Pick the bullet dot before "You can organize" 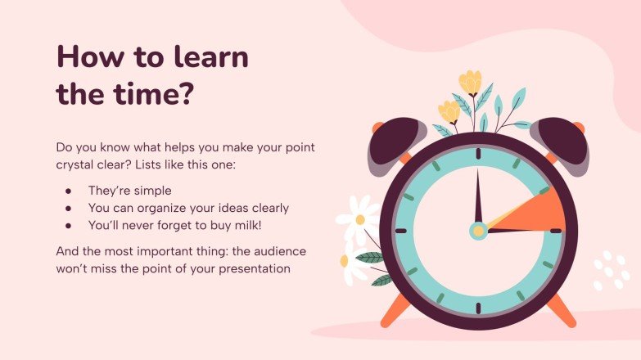[69, 207]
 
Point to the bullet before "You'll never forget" [69, 225]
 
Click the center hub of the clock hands [478, 231]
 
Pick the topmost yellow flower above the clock [470, 83]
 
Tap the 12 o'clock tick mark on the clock [478, 154]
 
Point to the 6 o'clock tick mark [478, 308]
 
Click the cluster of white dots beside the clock [610, 271]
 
